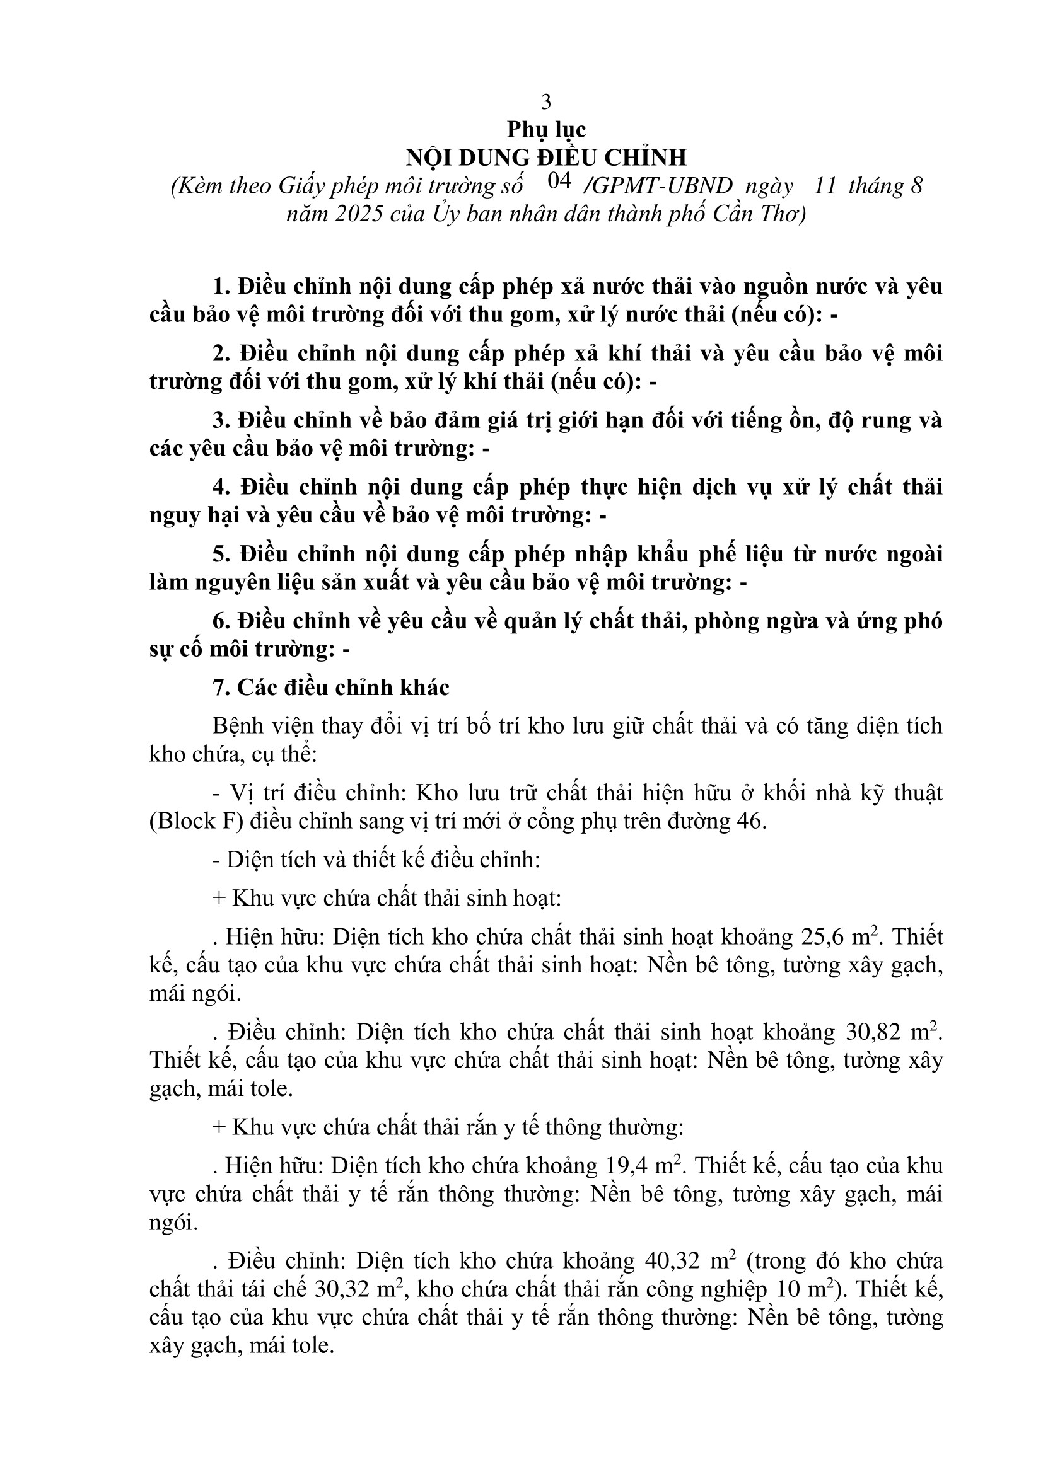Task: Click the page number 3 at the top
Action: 546,101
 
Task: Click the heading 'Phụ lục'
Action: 546,130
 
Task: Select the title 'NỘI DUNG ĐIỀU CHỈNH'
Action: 546,158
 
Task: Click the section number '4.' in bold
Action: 222,487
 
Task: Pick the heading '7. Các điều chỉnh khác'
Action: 331,688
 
